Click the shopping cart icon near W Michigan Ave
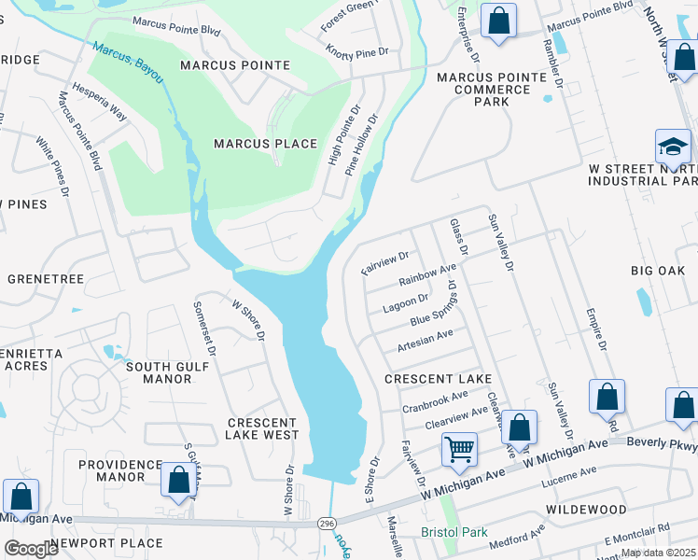coord(459,450)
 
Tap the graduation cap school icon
coord(673,147)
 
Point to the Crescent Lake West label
coord(263,428)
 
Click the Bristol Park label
coord(454,532)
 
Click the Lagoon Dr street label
coord(405,302)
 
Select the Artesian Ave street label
coord(425,339)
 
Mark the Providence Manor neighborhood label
coord(119,470)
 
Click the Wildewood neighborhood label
coord(586,510)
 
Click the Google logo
coord(31,549)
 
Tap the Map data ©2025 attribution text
coord(659,553)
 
